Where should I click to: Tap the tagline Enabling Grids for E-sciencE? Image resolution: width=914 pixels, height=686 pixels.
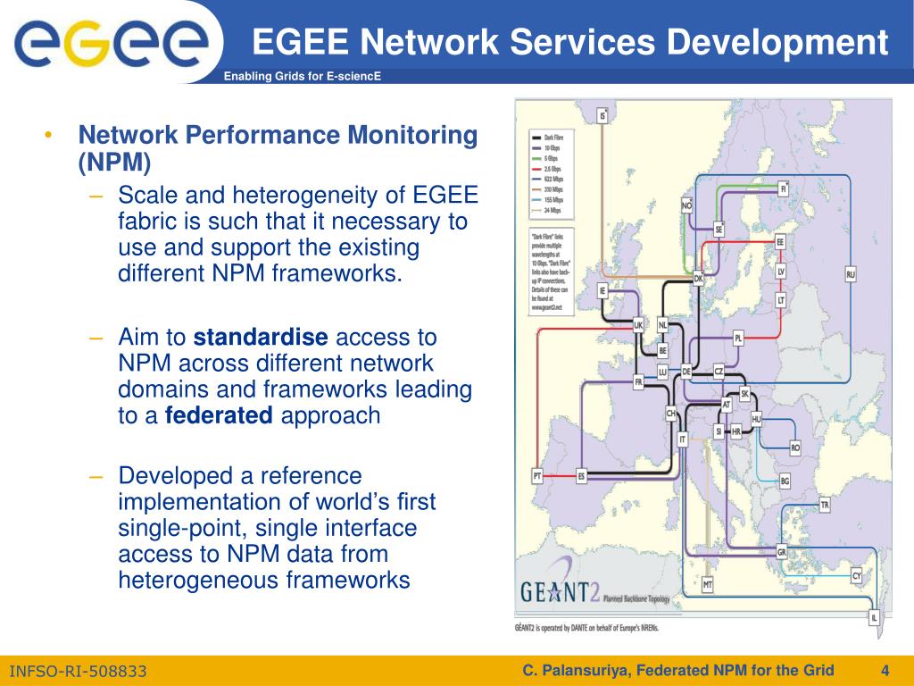tap(302, 76)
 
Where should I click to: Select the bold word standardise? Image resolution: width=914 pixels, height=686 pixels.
tap(261, 338)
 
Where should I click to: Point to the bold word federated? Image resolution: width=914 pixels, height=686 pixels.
tap(219, 415)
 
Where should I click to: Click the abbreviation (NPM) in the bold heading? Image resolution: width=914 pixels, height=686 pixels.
tap(114, 163)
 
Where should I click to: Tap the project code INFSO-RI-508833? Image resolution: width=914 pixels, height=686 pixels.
tap(78, 671)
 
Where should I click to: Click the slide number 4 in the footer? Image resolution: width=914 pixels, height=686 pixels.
tap(885, 670)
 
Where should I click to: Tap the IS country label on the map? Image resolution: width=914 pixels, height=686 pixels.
tap(603, 115)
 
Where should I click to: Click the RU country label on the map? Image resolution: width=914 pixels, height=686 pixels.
tap(851, 274)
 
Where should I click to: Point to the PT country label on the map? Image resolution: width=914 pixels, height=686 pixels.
tap(537, 476)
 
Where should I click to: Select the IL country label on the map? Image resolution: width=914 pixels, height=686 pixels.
tap(874, 617)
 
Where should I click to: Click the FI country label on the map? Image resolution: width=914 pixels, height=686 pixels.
tap(784, 189)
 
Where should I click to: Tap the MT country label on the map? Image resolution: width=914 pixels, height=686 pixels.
tap(707, 584)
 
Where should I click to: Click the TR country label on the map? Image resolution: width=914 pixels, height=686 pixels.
tap(825, 506)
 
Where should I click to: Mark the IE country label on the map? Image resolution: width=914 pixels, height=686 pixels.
tap(603, 290)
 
